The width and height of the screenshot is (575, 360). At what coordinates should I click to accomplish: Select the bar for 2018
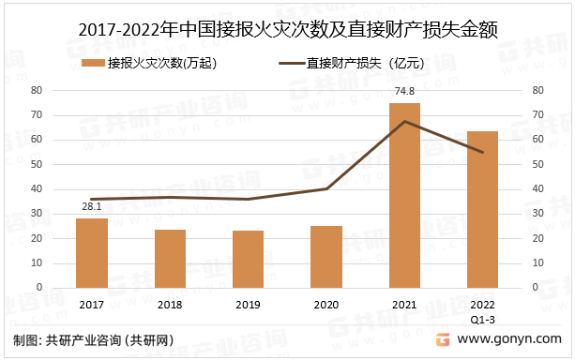click(x=170, y=259)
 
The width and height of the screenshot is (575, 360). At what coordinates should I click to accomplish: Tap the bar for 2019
click(x=248, y=260)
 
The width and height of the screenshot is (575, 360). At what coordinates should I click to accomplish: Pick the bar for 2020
click(x=326, y=257)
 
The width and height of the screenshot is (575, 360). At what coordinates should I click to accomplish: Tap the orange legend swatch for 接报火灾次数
click(x=93, y=64)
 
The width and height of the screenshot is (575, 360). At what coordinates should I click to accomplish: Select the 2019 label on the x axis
click(x=248, y=305)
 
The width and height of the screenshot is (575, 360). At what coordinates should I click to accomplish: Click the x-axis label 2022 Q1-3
click(x=482, y=310)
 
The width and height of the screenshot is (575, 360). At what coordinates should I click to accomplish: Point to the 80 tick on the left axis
click(x=38, y=90)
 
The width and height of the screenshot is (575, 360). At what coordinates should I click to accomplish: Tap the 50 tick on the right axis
click(x=538, y=164)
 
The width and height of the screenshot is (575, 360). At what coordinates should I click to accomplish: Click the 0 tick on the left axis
click(x=41, y=288)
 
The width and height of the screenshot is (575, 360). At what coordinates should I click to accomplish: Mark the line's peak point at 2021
click(x=404, y=121)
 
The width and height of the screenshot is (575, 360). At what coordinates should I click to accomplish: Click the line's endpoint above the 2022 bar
click(x=482, y=153)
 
